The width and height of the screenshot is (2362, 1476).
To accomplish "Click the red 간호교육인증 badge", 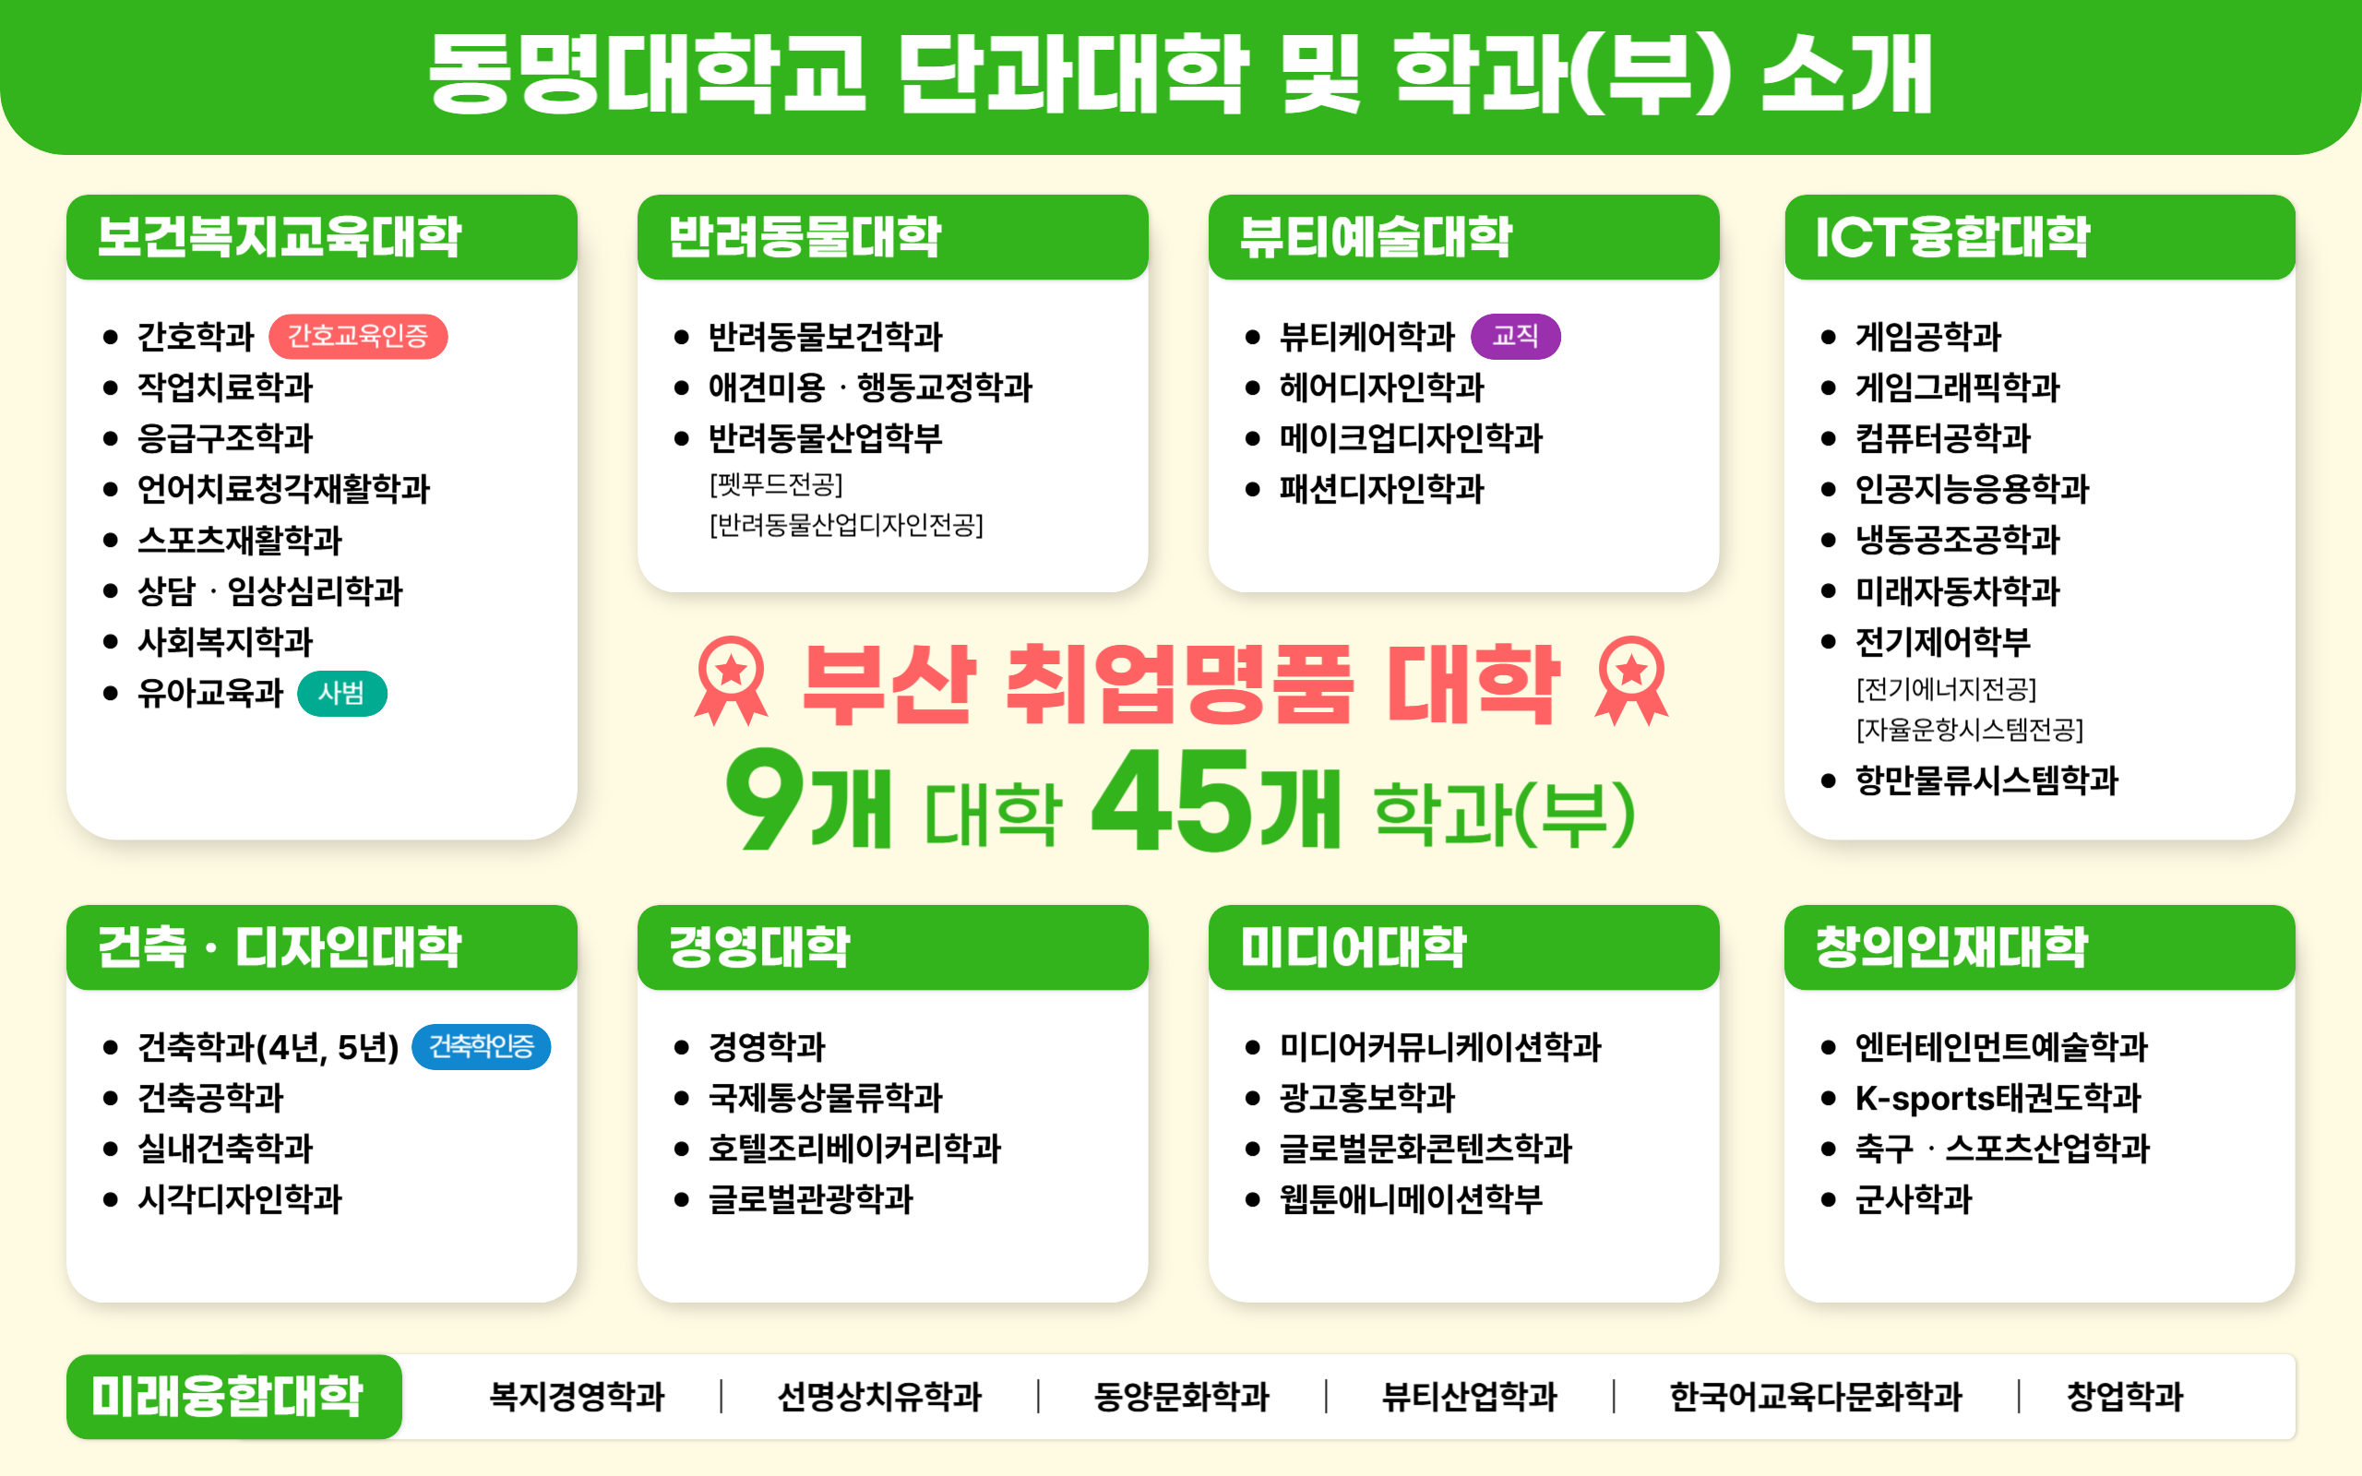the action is click(x=358, y=337).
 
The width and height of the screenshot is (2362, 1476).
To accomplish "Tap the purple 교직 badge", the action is click(x=1515, y=337).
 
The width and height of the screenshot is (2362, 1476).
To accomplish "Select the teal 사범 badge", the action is click(x=341, y=693).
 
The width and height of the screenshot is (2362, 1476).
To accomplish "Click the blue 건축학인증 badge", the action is click(x=482, y=1046).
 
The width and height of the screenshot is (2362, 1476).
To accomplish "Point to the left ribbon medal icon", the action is click(x=731, y=681).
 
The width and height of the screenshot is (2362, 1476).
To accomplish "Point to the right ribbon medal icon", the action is click(x=1632, y=681).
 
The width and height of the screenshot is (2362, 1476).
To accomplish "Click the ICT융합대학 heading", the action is click(x=1952, y=237).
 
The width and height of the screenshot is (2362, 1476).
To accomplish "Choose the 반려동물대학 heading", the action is click(x=805, y=237).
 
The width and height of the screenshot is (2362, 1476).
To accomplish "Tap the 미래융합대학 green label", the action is click(x=234, y=1396).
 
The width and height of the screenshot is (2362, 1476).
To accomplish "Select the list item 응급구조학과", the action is click(x=225, y=438).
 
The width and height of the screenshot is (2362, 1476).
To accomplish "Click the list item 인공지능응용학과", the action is click(x=1972, y=489).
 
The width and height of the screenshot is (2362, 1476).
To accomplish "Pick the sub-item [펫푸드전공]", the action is click(x=776, y=484).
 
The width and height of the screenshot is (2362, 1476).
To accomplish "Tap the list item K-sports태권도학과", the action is click(x=1998, y=1098).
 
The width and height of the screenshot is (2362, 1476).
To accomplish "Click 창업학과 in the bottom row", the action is click(x=2125, y=1397).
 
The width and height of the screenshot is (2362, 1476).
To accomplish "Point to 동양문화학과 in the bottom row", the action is click(x=1182, y=1397).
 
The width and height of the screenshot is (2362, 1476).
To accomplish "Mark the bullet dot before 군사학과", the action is click(x=1828, y=1200).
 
